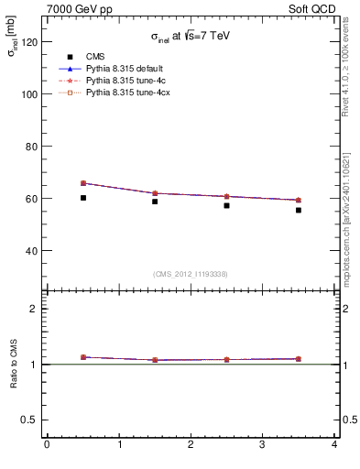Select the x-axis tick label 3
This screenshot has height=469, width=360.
click(x=262, y=446)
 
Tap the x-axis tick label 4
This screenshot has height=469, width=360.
click(x=334, y=446)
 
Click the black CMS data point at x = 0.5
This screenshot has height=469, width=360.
click(x=83, y=198)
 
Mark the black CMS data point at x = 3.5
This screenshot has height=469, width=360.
click(x=299, y=210)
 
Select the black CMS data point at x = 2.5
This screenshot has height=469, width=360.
click(x=227, y=205)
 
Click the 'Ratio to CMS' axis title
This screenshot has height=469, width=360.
click(x=16, y=365)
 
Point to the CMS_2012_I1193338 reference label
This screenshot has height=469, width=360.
click(x=190, y=274)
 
